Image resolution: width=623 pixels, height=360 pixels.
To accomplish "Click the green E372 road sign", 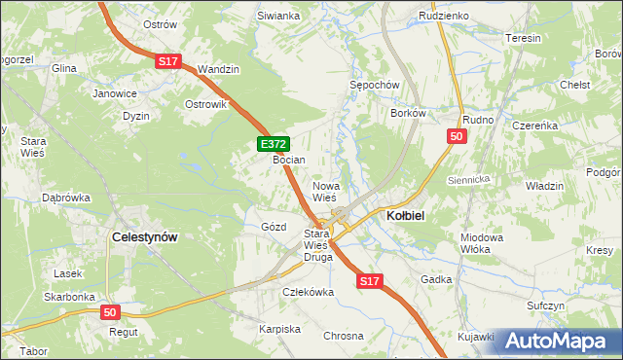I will tap(274, 144).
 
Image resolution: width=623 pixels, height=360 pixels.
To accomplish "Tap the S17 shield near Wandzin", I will tap(167, 61).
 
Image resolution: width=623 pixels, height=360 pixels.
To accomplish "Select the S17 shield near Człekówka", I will tap(367, 281).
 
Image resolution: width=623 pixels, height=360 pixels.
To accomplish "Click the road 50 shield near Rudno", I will tap(457, 138).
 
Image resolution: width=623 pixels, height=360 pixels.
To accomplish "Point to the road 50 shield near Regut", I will tap(111, 311).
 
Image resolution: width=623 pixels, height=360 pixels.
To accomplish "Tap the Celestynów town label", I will tap(150, 236).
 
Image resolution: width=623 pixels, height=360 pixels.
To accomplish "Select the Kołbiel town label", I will tap(410, 215).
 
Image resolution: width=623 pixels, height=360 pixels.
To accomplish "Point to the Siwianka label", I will tap(278, 17).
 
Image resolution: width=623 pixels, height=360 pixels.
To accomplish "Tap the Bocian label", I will tap(289, 160).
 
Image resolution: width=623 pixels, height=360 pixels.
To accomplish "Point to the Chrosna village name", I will tap(344, 335).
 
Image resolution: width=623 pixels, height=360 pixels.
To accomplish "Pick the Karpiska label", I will tap(279, 329).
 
